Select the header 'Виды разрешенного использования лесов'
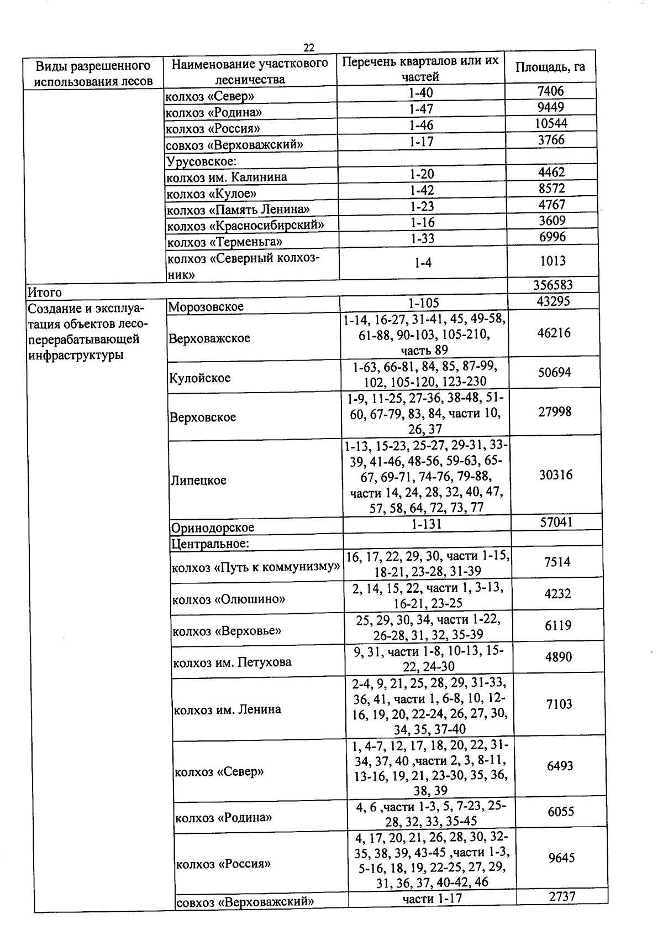pos(93,74)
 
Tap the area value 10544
pos(551,123)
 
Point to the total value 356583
pos(552,285)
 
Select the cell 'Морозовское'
pos(206,307)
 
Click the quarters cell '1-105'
pos(424,303)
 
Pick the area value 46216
pos(554,333)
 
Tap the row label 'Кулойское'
pos(200,378)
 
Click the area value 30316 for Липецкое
pos(555,475)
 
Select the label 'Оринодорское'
pos(212,528)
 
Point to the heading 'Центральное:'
pos(210,544)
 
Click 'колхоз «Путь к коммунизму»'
pos(255,567)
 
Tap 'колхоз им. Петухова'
pos(232,662)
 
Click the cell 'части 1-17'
pos(433,899)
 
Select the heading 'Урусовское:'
pos(201,161)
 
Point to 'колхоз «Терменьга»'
pos(225,242)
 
